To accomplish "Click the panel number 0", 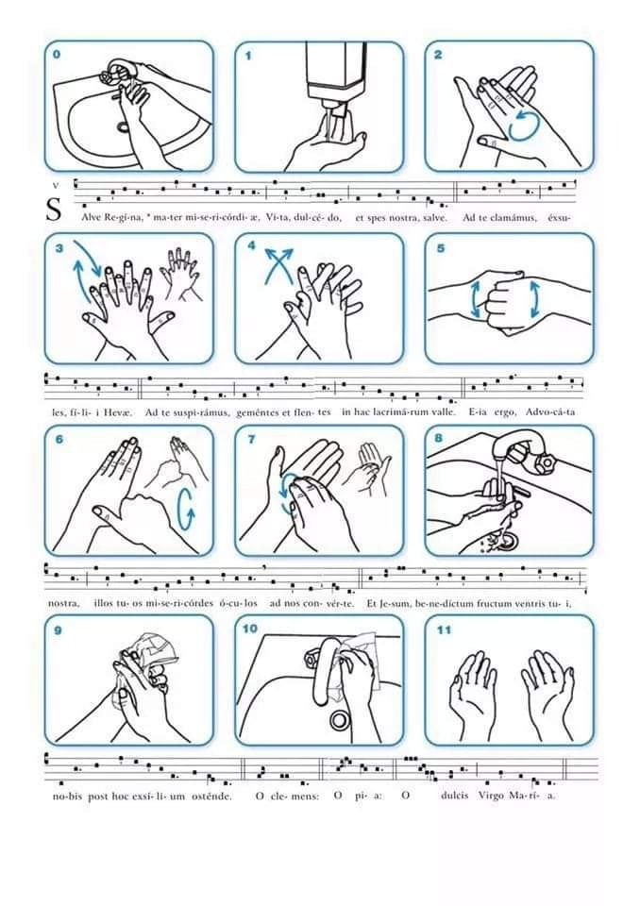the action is (x=56, y=55).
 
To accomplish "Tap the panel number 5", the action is (x=441, y=248).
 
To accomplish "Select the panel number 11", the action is (x=444, y=629).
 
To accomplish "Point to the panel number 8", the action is (x=439, y=438).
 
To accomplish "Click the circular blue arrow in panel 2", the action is (x=525, y=126).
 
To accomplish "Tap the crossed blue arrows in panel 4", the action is (x=278, y=264).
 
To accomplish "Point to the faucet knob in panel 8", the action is (x=545, y=461).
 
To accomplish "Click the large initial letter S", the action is (x=54, y=210).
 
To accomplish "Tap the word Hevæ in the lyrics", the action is (x=118, y=412).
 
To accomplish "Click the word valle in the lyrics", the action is (x=443, y=412).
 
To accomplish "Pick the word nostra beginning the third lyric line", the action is (x=63, y=604).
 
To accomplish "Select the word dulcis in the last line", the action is (x=454, y=796).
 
